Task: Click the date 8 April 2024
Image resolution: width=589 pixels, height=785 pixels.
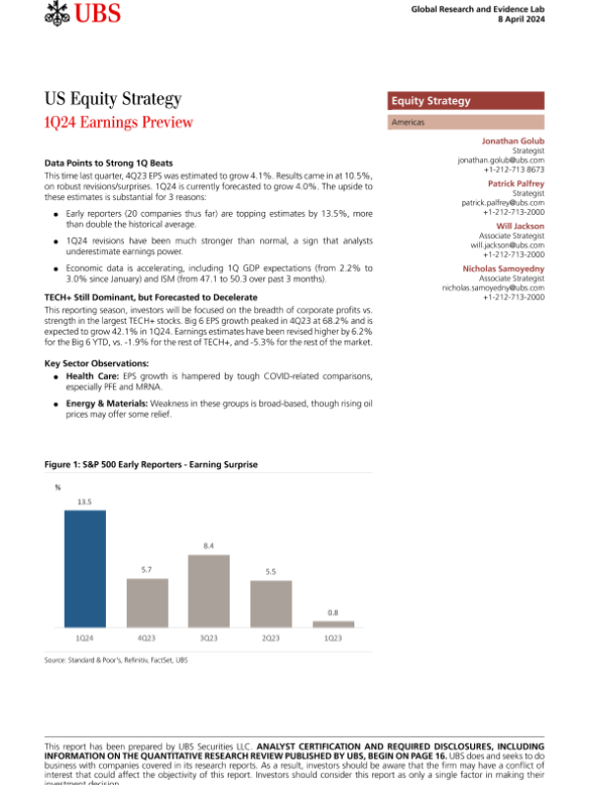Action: (519, 20)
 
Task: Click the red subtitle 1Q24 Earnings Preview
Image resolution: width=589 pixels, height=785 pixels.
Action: (119, 122)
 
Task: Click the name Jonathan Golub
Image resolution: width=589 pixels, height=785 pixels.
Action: (510, 141)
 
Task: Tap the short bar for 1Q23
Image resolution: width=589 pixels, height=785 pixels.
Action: (333, 624)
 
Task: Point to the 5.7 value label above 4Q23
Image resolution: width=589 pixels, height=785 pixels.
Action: (146, 570)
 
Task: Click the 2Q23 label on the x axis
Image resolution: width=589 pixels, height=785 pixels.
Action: (271, 638)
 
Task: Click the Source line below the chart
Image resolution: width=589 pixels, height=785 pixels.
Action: (116, 660)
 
